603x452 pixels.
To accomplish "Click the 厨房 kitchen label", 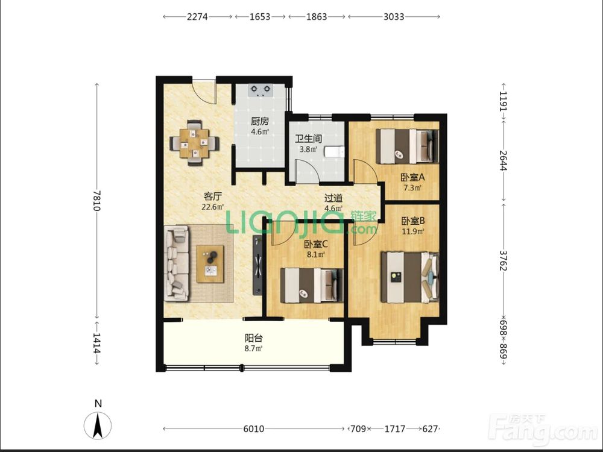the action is tap(259, 122).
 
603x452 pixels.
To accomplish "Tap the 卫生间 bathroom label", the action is tap(308, 139).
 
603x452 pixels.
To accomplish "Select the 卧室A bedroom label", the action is tap(412, 178).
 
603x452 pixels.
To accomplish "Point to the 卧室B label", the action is tap(412, 221).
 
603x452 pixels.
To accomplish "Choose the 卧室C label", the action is tap(315, 244).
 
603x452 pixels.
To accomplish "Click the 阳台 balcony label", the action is tap(254, 338).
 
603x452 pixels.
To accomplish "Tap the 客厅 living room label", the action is tap(213, 196).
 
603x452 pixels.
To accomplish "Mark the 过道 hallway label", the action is tap(333, 198).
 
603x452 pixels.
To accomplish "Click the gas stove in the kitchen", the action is tap(260, 90).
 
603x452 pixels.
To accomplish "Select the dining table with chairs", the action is tap(194, 143).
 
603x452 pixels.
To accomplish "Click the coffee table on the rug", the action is tap(210, 264).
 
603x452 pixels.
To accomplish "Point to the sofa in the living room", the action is tap(177, 263).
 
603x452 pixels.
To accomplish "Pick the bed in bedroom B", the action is tap(410, 277).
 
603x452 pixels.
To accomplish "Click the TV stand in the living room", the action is tap(257, 265).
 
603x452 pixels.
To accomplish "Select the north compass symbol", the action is tap(98, 425).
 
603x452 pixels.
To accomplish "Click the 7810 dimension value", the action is tap(96, 201).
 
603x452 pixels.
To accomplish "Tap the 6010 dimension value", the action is tap(254, 428).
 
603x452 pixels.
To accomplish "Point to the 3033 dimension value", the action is tap(394, 16).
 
